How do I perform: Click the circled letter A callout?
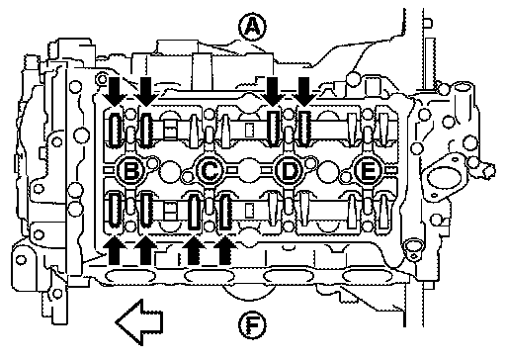click(x=252, y=28)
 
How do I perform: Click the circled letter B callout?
click(x=130, y=171)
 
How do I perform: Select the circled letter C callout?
click(x=210, y=171)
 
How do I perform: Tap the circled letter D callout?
click(x=289, y=171)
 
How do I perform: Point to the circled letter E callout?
click(x=368, y=171)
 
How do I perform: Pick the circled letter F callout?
click(x=252, y=325)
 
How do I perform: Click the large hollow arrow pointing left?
click(x=138, y=322)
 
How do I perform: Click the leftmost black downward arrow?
click(x=114, y=92)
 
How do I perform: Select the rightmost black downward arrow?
click(x=304, y=92)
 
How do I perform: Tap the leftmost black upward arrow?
click(x=114, y=249)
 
